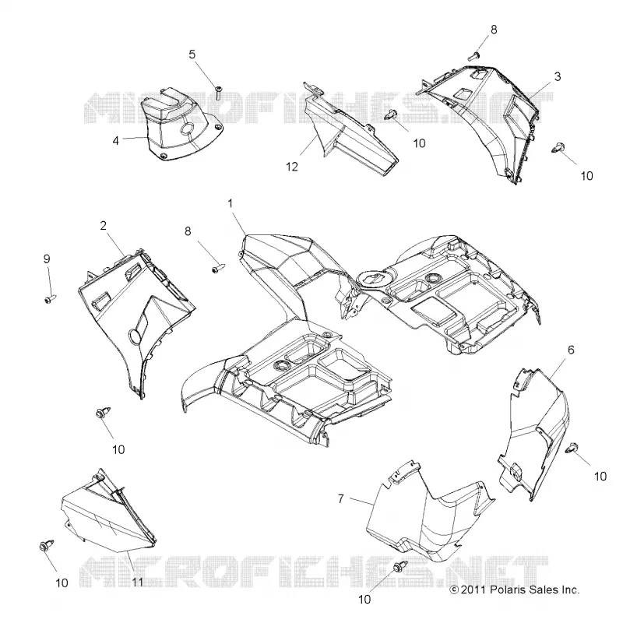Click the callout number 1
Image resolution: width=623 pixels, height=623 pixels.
(230, 203)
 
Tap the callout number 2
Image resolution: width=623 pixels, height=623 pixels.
(104, 226)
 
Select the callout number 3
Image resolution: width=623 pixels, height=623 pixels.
(558, 76)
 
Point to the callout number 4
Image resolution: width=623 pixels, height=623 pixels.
(115, 141)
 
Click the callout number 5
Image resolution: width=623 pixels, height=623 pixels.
(192, 54)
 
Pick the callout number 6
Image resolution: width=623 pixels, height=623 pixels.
(571, 350)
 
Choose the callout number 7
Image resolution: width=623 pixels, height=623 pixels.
(340, 498)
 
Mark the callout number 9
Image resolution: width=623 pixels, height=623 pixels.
(47, 259)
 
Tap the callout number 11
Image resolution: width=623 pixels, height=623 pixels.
(137, 583)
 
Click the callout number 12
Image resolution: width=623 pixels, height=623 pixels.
(292, 167)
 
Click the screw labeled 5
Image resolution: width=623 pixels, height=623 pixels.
(219, 92)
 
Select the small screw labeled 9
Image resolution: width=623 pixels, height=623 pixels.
(51, 299)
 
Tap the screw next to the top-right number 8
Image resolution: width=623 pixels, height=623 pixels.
(473, 56)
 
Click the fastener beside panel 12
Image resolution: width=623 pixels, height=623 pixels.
(390, 114)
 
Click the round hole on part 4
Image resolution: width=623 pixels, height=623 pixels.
(188, 128)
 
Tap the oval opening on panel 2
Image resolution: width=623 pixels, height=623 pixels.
(134, 336)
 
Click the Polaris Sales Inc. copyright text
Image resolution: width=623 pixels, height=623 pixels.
(515, 590)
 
